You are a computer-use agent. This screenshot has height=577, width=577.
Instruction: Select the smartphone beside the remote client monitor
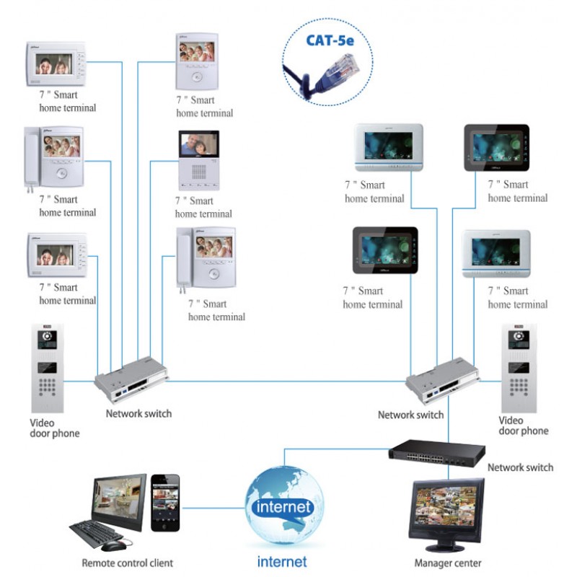coord(165,503)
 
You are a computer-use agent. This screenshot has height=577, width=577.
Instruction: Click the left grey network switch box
coord(132,378)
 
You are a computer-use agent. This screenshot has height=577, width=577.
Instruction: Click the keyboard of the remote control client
coord(97,533)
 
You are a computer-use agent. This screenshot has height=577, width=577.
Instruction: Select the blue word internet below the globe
coord(282,561)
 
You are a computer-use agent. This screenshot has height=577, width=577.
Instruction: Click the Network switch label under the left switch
coord(138,414)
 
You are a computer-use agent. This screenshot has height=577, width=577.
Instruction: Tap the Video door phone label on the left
coord(54,428)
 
